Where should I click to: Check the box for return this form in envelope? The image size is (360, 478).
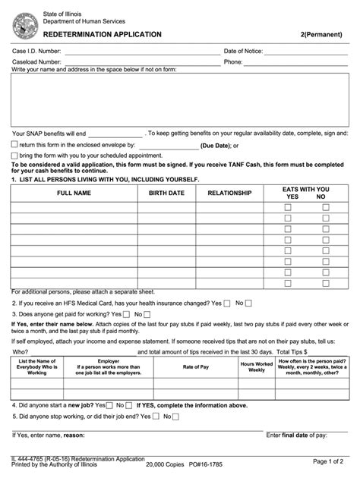tap(14, 144)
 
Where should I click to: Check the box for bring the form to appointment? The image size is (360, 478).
tap(14, 155)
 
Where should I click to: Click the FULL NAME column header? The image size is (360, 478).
tap(74, 193)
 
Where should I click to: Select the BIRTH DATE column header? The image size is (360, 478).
tap(166, 193)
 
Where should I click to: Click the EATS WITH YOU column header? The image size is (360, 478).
tap(305, 189)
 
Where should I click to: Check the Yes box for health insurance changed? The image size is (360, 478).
tap(227, 303)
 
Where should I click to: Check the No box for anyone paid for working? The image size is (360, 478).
tap(147, 314)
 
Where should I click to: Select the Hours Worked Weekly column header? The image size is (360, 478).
tap(257, 367)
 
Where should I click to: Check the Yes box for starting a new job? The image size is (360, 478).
tap(109, 405)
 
